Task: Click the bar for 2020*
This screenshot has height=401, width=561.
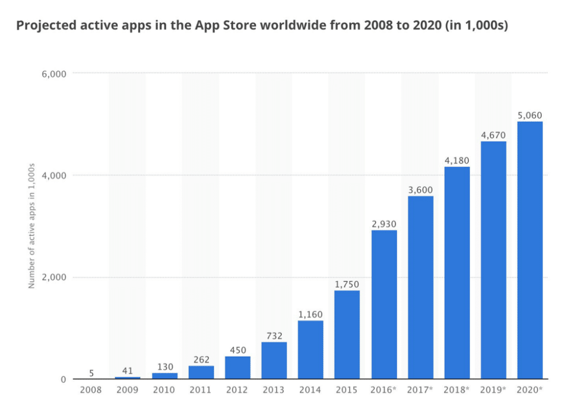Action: pyautogui.click(x=530, y=250)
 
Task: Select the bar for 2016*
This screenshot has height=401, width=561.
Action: pyautogui.click(x=383, y=304)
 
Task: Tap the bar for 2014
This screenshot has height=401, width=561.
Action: pyautogui.click(x=310, y=349)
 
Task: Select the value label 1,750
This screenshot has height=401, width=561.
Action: pyautogui.click(x=347, y=284)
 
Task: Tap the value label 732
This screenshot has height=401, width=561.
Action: pyautogui.click(x=274, y=336)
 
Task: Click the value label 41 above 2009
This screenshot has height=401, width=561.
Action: pyautogui.click(x=128, y=371)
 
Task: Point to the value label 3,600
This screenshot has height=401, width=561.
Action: pyautogui.click(x=420, y=190)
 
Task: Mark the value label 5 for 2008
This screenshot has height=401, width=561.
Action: pyautogui.click(x=91, y=373)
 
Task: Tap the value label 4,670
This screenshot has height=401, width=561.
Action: pyautogui.click(x=493, y=135)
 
